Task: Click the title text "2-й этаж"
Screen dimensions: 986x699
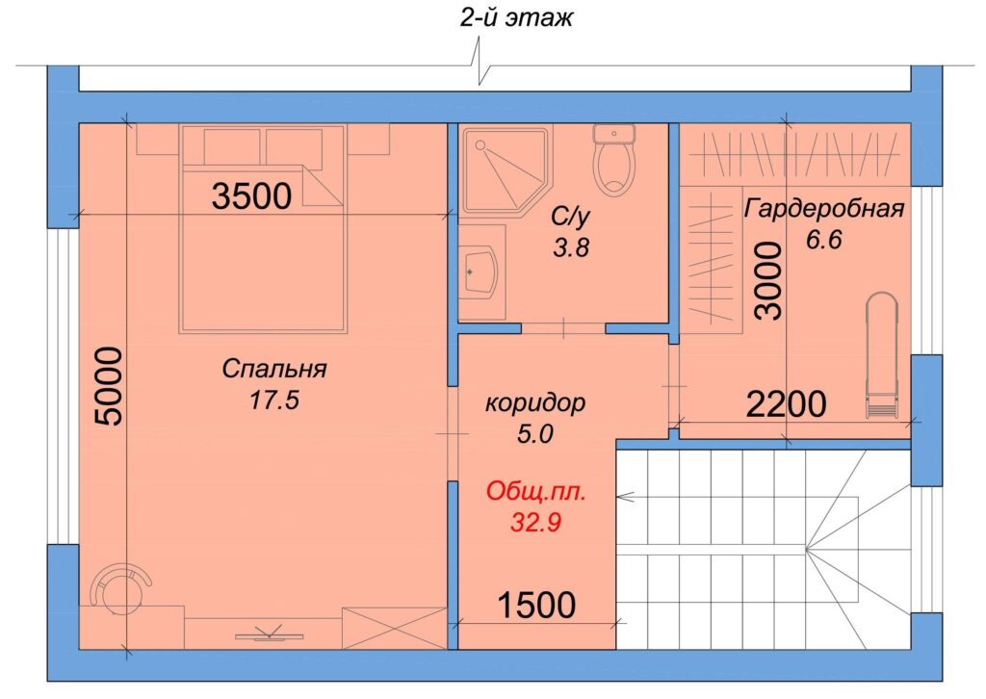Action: (516, 17)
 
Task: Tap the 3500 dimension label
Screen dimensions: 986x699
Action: (251, 195)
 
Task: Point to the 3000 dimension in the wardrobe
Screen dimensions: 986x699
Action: (769, 280)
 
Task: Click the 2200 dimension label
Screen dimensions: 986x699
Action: (786, 404)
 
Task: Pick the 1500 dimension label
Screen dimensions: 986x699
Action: (536, 606)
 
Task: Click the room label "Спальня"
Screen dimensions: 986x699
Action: (274, 369)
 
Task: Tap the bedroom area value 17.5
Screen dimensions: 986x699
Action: (274, 400)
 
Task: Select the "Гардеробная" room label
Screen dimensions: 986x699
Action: (824, 208)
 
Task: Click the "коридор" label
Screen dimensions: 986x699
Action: (535, 402)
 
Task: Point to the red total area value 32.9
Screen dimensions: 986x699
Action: (535, 523)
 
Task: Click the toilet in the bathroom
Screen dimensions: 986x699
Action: (614, 159)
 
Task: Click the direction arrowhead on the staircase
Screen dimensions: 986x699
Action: (624, 497)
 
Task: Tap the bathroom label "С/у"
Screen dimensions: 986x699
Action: (571, 217)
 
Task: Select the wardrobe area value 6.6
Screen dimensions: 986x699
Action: (824, 240)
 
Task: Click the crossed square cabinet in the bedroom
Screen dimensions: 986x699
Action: (394, 628)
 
